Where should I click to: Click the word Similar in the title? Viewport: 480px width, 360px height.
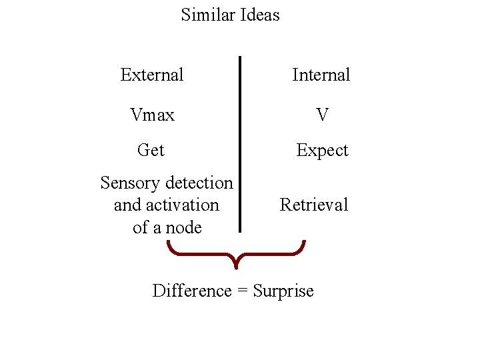[204, 15]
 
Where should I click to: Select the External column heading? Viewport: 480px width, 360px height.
[152, 75]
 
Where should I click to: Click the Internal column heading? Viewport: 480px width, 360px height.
[321, 75]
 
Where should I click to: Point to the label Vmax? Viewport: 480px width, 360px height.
[153, 115]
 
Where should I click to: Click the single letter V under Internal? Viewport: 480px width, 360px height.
[322, 115]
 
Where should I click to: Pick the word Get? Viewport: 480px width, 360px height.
[151, 151]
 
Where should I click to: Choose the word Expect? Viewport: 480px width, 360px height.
[322, 151]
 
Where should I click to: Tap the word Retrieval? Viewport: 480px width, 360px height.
[314, 205]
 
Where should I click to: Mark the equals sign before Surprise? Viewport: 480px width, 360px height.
[241, 291]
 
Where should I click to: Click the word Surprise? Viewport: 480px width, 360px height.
[283, 291]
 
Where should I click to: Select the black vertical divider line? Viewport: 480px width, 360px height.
[240, 143]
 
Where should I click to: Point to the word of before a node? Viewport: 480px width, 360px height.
[141, 227]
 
